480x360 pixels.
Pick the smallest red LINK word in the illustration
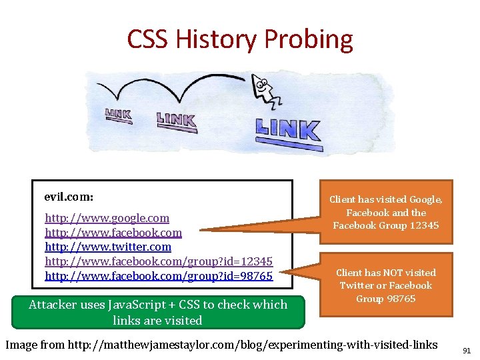click(118, 115)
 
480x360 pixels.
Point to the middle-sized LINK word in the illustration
click(176, 120)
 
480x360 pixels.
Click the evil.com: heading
click(69, 197)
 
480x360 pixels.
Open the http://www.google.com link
click(107, 218)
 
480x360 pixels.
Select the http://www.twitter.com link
click(108, 247)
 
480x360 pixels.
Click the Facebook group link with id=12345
click(159, 261)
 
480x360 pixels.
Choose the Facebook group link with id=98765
click(159, 275)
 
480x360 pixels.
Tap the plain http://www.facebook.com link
click(113, 233)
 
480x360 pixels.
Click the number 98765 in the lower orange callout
click(400, 298)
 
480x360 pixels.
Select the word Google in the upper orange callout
click(424, 199)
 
